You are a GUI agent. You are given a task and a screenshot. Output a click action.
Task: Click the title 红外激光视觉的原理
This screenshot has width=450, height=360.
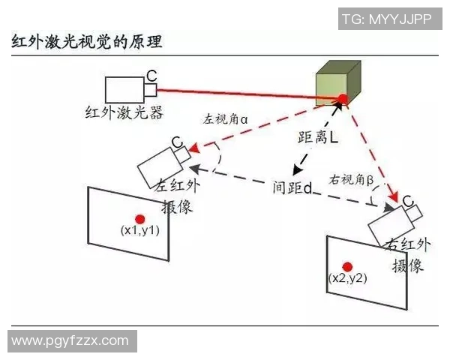[x=87, y=42]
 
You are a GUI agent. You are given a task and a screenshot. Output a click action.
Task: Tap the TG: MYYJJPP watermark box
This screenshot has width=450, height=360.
[x=390, y=19]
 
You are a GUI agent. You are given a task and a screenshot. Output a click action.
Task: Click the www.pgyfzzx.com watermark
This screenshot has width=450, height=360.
[x=72, y=341]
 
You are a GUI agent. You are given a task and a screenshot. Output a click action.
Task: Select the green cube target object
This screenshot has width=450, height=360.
[x=338, y=83]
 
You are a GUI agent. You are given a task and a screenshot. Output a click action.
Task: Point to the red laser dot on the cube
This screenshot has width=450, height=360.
[x=343, y=100]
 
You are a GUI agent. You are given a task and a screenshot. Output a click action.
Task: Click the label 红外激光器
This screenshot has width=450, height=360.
[x=124, y=112]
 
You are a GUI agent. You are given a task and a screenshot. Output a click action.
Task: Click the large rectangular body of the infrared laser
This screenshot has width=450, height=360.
[x=124, y=90]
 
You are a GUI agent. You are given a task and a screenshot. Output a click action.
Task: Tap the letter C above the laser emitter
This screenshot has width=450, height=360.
[x=151, y=76]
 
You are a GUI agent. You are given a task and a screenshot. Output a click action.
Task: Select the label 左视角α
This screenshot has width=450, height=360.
[x=225, y=119]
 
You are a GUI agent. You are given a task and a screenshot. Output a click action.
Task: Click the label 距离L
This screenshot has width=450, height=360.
[x=318, y=137]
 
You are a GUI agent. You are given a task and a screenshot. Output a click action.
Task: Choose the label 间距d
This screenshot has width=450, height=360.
[x=292, y=187]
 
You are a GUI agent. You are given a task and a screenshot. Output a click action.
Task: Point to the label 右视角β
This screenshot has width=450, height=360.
[x=351, y=180]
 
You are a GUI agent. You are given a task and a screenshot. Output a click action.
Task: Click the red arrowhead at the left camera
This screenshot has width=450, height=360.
[x=194, y=148]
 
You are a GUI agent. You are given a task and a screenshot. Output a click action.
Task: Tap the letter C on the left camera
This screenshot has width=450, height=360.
[x=177, y=142]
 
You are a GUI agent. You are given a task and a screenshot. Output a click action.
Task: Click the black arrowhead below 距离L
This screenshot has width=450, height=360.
[x=297, y=170]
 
